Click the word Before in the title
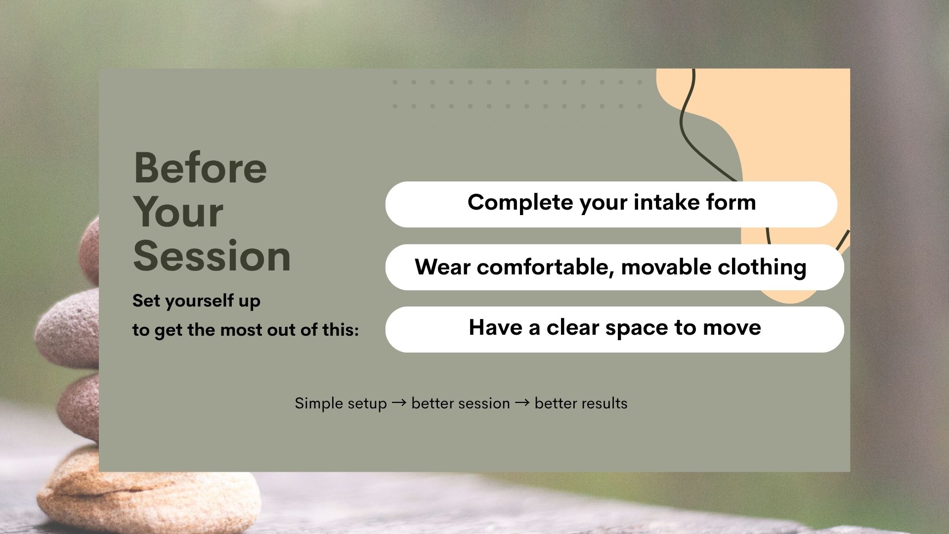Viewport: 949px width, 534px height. (200, 168)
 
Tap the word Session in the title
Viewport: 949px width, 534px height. (212, 256)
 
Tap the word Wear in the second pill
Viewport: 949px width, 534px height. (442, 267)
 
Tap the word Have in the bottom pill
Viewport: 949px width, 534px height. (495, 327)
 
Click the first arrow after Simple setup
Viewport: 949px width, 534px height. (399, 403)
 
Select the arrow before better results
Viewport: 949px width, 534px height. (522, 403)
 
